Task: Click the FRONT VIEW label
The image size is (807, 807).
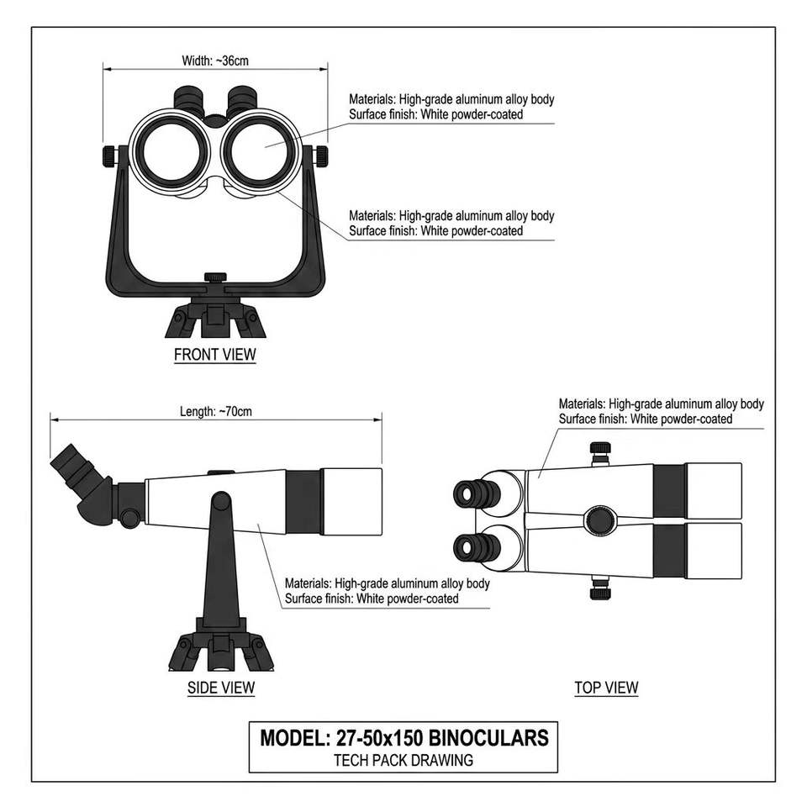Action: coord(214,355)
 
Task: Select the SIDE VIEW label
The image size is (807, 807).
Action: coord(221,688)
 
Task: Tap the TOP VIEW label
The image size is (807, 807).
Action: coord(606,688)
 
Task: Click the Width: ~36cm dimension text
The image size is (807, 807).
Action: coord(215,61)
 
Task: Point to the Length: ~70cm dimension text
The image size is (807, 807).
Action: coord(216,412)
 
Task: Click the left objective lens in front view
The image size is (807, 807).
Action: coord(169,153)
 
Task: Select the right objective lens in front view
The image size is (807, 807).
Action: coord(260,153)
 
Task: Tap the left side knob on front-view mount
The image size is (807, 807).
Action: coord(109,156)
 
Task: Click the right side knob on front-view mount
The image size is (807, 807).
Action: coord(320,156)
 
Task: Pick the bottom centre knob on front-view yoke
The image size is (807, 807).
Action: coord(215,278)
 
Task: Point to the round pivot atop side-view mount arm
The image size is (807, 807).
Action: coord(221,501)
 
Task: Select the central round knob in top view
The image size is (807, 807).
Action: coord(599,520)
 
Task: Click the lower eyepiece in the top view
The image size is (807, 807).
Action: coord(477,547)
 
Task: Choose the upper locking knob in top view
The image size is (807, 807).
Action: coord(599,451)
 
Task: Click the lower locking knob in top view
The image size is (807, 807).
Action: coord(599,588)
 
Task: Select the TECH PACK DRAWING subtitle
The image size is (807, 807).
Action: coord(403,760)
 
